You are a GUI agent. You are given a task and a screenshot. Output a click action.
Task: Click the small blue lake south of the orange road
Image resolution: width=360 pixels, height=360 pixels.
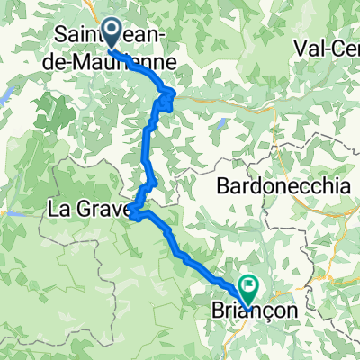[222, 122]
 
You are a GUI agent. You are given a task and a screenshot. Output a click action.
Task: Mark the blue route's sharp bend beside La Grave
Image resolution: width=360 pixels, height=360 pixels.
[133, 214]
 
